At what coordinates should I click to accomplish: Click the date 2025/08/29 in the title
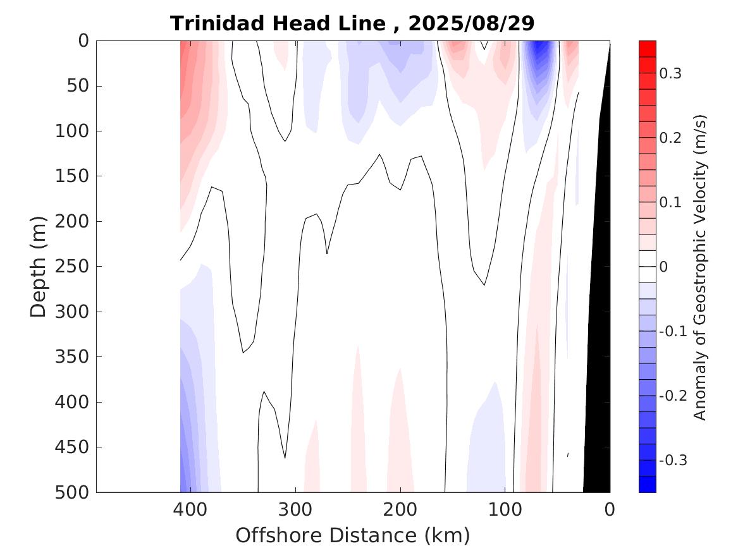471,24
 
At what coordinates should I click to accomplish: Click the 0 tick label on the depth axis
83,41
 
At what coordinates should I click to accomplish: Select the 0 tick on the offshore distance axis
610,509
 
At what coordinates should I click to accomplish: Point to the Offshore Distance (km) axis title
353,536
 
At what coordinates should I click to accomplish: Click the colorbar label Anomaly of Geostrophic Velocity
699,267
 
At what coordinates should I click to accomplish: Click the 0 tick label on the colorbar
664,267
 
